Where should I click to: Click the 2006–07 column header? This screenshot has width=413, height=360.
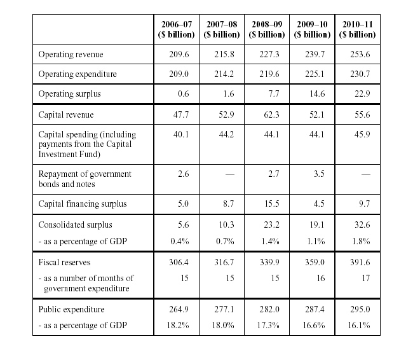177,29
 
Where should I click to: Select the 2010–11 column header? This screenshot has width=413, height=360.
358,29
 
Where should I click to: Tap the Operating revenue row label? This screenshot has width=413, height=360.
71,54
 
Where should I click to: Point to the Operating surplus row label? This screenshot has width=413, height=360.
69,94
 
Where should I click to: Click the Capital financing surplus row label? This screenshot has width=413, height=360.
83,204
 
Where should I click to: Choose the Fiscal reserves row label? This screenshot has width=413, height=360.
64,262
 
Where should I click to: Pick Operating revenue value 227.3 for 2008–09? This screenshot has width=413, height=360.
269,54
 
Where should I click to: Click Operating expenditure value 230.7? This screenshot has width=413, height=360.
360,74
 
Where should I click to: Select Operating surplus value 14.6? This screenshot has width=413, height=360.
317,94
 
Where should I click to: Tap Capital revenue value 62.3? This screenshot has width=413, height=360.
271,114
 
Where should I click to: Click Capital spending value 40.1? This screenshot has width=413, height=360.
181,134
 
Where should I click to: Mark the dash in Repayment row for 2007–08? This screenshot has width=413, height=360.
229,174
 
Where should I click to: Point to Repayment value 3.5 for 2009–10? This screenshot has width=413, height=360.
319,174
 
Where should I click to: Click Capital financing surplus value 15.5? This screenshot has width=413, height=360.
271,204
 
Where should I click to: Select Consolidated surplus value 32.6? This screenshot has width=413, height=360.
362,225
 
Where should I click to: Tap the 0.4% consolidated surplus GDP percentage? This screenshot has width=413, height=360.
180,241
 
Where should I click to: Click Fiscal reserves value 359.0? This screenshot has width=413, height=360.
315,262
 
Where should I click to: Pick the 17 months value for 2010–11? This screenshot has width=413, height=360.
366,278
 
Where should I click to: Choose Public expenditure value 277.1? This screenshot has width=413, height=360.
224,309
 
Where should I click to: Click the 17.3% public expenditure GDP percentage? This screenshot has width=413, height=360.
268,325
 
